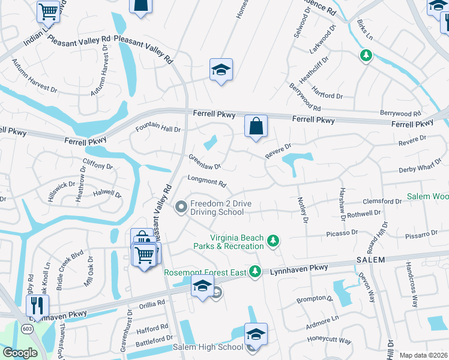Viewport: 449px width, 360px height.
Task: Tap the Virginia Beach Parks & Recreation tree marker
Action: click(x=273, y=241)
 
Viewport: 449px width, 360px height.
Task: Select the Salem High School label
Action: click(x=208, y=347)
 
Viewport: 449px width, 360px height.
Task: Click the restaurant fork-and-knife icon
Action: click(x=37, y=305)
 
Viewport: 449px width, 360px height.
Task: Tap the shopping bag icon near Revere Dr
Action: click(x=256, y=127)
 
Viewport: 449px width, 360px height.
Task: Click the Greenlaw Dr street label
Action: click(x=205, y=162)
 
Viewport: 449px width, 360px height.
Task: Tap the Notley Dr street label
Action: click(x=302, y=211)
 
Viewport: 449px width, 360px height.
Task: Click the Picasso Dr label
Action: click(x=342, y=232)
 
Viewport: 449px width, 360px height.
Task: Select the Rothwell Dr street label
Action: click(x=364, y=213)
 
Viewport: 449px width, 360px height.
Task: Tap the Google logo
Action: click(x=20, y=353)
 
